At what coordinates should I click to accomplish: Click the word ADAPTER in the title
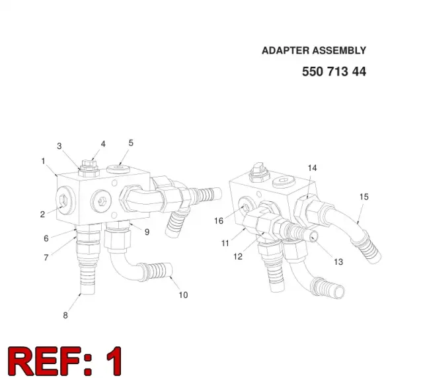click(x=286, y=50)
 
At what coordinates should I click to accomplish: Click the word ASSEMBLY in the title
click(x=339, y=50)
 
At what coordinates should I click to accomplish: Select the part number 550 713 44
click(x=334, y=71)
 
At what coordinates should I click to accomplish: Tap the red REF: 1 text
click(x=65, y=361)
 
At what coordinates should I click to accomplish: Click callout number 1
click(x=43, y=161)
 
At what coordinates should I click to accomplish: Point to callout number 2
click(x=42, y=214)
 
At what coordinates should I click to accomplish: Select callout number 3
click(x=59, y=146)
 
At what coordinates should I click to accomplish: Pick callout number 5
click(x=131, y=143)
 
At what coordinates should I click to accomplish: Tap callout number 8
click(x=65, y=315)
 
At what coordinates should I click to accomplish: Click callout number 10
click(x=184, y=295)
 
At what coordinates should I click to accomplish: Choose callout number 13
click(x=338, y=261)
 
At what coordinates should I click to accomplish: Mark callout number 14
click(x=313, y=167)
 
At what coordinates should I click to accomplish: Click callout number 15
click(x=364, y=197)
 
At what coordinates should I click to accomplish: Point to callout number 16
click(x=219, y=220)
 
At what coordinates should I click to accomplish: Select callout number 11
click(x=225, y=243)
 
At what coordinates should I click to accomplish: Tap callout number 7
click(x=46, y=258)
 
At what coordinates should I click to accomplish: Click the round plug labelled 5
click(x=118, y=169)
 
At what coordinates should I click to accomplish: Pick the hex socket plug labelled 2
click(x=64, y=200)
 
